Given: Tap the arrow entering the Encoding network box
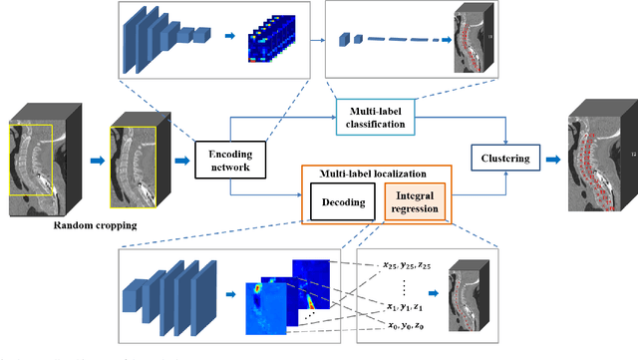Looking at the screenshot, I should tap(184, 159).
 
